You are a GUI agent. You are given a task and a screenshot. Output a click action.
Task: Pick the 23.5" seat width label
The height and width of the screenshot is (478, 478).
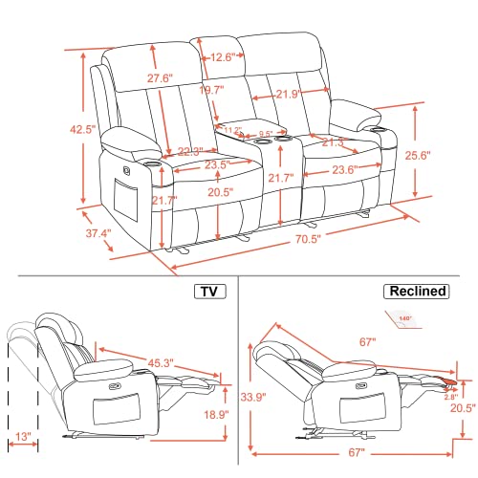click(x=188, y=163)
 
